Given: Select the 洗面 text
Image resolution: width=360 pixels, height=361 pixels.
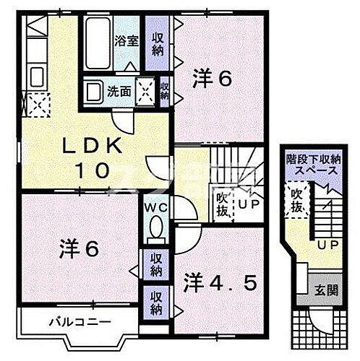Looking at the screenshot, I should coord(119,92).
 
